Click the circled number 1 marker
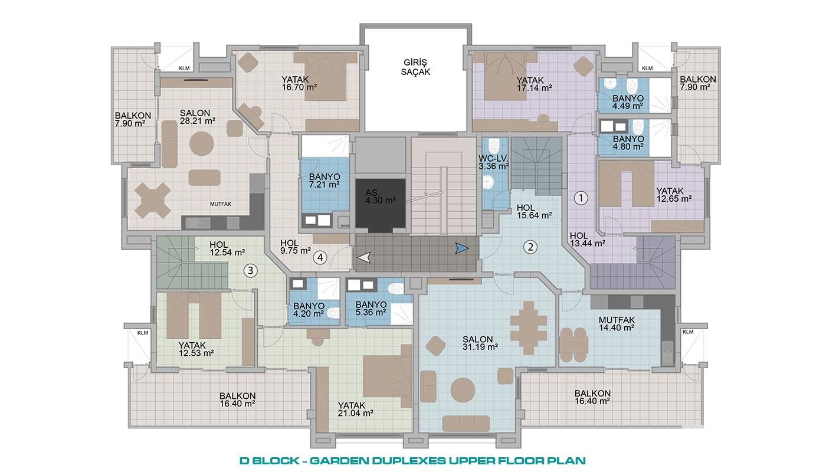tap(581, 198)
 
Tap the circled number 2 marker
tap(530, 247)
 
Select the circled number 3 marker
tap(250, 271)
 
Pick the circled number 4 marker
tap(320, 257)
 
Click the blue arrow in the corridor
tap(461, 248)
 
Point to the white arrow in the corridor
tap(365, 257)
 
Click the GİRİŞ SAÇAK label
tap(415, 67)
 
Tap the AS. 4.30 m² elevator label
tap(381, 197)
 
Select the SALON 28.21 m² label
tap(198, 117)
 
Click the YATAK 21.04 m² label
tap(355, 409)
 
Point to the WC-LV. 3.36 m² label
tap(494, 163)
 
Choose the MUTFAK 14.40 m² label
tap(617, 324)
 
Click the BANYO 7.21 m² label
tap(324, 181)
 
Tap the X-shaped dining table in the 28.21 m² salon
tap(153, 201)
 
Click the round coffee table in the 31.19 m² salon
tap(463, 390)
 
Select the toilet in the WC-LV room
tap(493, 146)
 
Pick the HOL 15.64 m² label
tap(535, 212)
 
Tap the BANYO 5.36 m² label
tap(371, 309)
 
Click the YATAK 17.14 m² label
tap(534, 84)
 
